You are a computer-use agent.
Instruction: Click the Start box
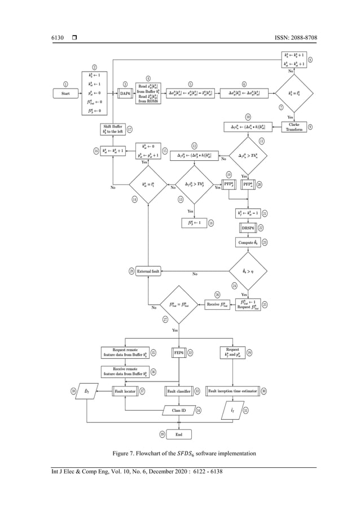click(x=65, y=93)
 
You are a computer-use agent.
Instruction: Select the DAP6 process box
click(x=125, y=93)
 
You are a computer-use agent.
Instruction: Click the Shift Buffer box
click(x=113, y=129)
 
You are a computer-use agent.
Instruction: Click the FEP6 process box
click(x=178, y=353)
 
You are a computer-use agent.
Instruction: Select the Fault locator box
click(x=125, y=390)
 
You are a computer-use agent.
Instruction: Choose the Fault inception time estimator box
click(x=233, y=390)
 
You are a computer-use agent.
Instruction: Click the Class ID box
click(x=180, y=410)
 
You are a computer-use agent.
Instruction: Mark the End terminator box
click(x=180, y=434)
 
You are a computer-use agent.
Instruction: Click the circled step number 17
click(x=130, y=129)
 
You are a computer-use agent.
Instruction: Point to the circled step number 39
click(x=163, y=434)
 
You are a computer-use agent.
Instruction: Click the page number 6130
click(x=51, y=38)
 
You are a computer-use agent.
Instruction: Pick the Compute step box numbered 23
click(x=246, y=242)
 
